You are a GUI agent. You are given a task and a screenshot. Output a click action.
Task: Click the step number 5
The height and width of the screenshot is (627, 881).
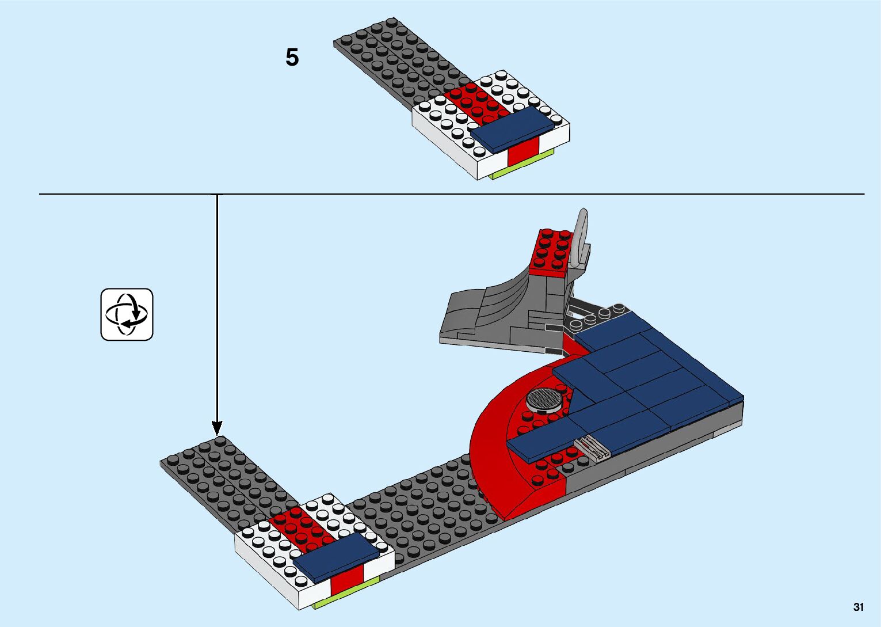click(x=292, y=58)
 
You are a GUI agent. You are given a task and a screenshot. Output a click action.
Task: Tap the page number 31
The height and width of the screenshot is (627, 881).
click(x=859, y=607)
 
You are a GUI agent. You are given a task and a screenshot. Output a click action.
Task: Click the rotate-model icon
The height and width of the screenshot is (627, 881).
click(x=127, y=314)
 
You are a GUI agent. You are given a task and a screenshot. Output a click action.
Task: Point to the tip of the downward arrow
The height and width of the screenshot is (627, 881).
click(x=217, y=434)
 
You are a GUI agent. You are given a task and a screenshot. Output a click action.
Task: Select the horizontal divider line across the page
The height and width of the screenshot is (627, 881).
click(x=518, y=194)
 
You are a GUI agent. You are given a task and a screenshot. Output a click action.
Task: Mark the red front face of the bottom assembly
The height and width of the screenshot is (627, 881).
click(x=346, y=579)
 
